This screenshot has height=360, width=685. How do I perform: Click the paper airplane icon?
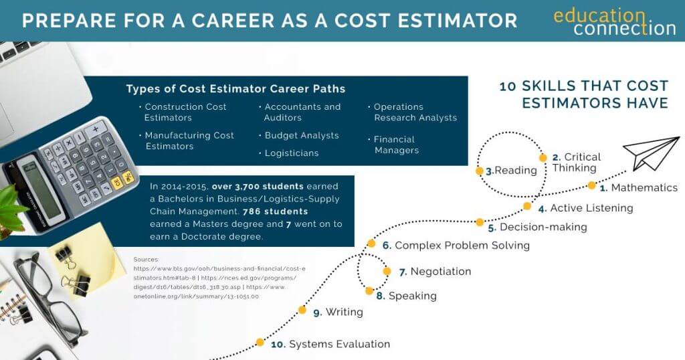pyautogui.click(x=651, y=153)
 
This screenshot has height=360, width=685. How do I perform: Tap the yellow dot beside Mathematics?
pyautogui.click(x=591, y=185)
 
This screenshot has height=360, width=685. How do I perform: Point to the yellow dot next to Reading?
pyautogui.click(x=479, y=171)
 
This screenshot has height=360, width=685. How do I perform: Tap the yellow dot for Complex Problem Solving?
pyautogui.click(x=371, y=244)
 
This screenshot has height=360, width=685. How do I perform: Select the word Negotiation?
pyautogui.click(x=441, y=271)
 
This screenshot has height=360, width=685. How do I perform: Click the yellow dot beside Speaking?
pyautogui.click(x=369, y=291)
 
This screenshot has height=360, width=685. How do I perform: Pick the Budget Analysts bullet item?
pyautogui.click(x=299, y=135)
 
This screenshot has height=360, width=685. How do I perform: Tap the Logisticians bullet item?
pyautogui.click(x=289, y=153)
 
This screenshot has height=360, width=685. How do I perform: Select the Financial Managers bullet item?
pyautogui.click(x=393, y=145)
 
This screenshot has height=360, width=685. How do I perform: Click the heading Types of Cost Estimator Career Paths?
pyautogui.click(x=236, y=89)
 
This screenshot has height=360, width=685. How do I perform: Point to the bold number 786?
pyautogui.click(x=252, y=211)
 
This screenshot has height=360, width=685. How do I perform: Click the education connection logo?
pyautogui.click(x=615, y=22)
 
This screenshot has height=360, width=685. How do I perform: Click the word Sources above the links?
pyautogui.click(x=146, y=260)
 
